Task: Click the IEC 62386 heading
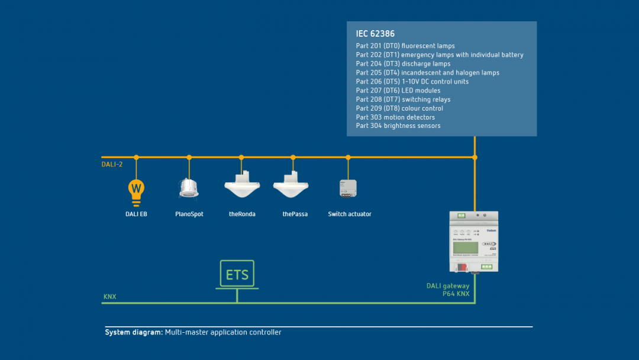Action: click(375, 34)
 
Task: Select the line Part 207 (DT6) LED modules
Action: click(398, 91)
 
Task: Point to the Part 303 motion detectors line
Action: click(395, 117)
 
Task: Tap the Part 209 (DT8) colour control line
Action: click(399, 108)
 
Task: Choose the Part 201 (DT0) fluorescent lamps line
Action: click(405, 46)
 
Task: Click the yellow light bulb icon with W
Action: click(136, 189)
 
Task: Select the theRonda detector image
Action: click(242, 185)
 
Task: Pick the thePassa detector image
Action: click(291, 185)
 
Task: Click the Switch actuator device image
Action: click(348, 188)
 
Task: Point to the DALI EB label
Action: click(136, 214)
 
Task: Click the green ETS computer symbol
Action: click(237, 275)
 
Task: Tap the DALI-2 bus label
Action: click(112, 165)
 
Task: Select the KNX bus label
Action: click(110, 297)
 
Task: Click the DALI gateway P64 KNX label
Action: click(448, 290)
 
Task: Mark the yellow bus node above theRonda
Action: click(241, 157)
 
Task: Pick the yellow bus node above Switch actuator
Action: click(348, 157)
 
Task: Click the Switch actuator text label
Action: click(350, 214)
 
